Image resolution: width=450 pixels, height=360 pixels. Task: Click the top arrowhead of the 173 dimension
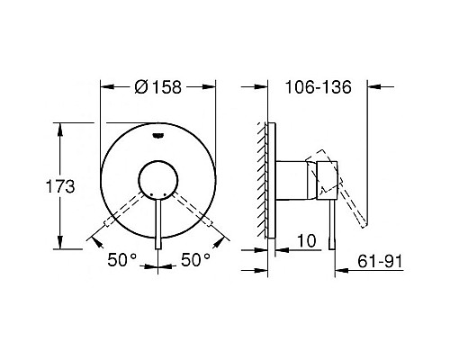pyautogui.click(x=61, y=126)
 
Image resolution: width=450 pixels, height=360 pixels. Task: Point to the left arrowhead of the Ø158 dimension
pyautogui.click(x=103, y=87)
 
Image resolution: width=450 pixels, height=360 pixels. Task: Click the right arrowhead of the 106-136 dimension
pyautogui.click(x=371, y=87)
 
